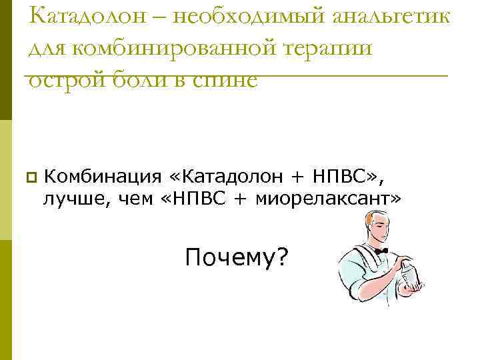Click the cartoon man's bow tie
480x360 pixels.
click(x=381, y=251)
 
